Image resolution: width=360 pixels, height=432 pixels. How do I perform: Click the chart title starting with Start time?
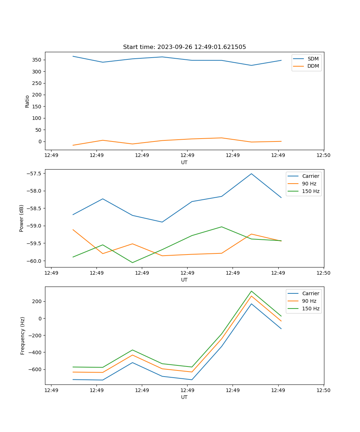click(x=184, y=47)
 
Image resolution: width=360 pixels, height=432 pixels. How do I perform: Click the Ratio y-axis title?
click(x=27, y=101)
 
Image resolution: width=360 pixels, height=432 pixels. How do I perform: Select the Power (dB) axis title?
click(x=22, y=218)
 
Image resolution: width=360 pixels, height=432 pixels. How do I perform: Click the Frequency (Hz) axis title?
click(x=23, y=336)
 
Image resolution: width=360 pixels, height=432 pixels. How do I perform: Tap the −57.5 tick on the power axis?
click(x=34, y=174)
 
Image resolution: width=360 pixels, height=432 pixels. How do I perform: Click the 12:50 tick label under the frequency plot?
click(x=323, y=390)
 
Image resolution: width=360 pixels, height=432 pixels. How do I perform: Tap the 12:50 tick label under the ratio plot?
click(x=323, y=156)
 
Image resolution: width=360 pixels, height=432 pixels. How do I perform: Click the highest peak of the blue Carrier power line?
click(x=251, y=174)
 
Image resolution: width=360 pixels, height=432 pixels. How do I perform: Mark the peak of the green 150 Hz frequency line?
click(x=251, y=291)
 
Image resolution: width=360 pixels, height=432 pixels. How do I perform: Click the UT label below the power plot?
click(x=184, y=280)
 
